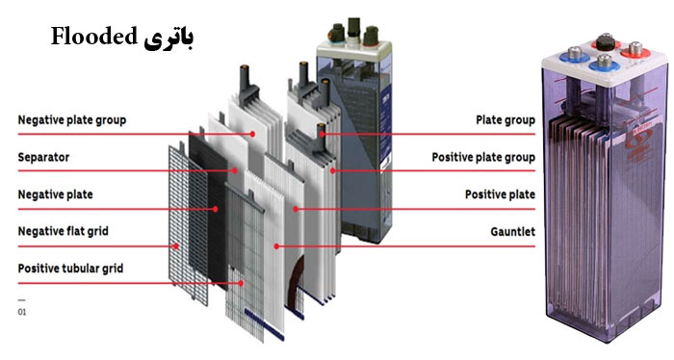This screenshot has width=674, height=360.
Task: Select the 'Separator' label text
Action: click(44, 157)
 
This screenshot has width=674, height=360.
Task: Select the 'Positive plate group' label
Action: click(482, 157)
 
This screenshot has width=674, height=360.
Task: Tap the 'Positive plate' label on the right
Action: click(500, 194)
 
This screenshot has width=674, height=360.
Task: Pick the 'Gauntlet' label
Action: click(513, 231)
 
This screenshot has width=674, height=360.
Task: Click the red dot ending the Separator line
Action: click(236, 170)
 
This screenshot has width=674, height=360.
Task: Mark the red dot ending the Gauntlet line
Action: click(276, 245)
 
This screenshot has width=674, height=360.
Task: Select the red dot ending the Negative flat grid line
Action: click(176, 245)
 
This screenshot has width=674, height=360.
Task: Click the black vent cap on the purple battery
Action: click(607, 41)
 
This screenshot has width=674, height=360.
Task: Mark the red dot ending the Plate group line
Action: click(324, 134)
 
